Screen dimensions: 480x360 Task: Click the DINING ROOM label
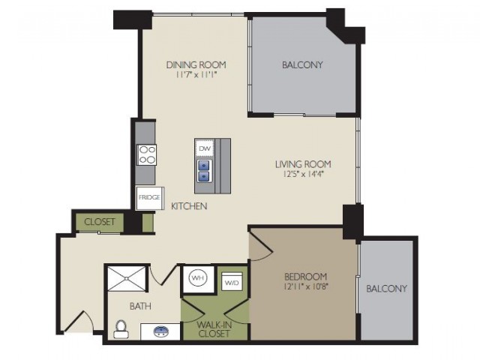pos(196,65)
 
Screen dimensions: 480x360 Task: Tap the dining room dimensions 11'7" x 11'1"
pos(196,75)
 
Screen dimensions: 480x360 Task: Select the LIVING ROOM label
pos(303,164)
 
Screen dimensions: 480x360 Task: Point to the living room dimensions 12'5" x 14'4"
pos(303,174)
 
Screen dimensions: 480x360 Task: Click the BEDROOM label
pos(305,277)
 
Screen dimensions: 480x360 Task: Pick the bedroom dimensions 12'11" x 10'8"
pos(305,286)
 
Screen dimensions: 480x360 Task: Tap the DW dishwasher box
pos(205,148)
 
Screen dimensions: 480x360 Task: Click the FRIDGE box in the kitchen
pos(149,198)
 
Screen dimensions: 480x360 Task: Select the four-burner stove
pos(147,155)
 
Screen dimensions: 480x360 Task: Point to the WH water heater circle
pos(198,278)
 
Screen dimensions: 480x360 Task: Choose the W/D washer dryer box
pos(232,281)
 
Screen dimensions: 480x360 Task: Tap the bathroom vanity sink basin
pos(161,331)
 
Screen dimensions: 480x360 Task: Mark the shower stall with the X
pos(127,278)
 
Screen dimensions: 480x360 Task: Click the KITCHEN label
pos(189,206)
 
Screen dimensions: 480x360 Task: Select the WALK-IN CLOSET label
pos(214,328)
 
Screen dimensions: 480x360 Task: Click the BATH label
pos(140,306)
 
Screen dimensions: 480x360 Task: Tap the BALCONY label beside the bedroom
pos(387,288)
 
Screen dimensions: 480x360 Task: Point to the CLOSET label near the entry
pos(100,222)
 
